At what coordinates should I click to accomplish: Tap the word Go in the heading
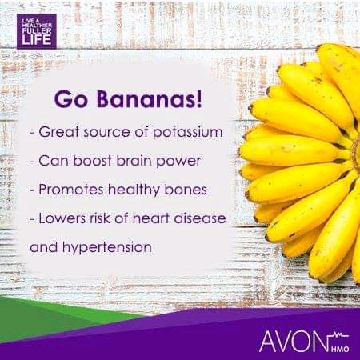pos(71,100)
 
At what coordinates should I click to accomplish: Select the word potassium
pos(187,133)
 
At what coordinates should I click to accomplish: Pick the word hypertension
pos(107,248)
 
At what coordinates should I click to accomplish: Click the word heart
pos(151,218)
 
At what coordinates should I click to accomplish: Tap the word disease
pos(200,218)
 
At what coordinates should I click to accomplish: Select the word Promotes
pos(71,190)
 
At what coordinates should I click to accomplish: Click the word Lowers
pos(61,218)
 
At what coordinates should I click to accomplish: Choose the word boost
pos(92,161)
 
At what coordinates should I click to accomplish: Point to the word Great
pos(59,132)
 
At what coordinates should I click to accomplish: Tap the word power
pos(178,162)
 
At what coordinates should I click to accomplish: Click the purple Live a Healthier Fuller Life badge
pos(37,31)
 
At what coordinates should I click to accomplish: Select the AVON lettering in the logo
pos(294,342)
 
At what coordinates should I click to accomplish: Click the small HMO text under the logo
pos(340,349)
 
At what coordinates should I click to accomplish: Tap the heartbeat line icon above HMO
pos(338,336)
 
